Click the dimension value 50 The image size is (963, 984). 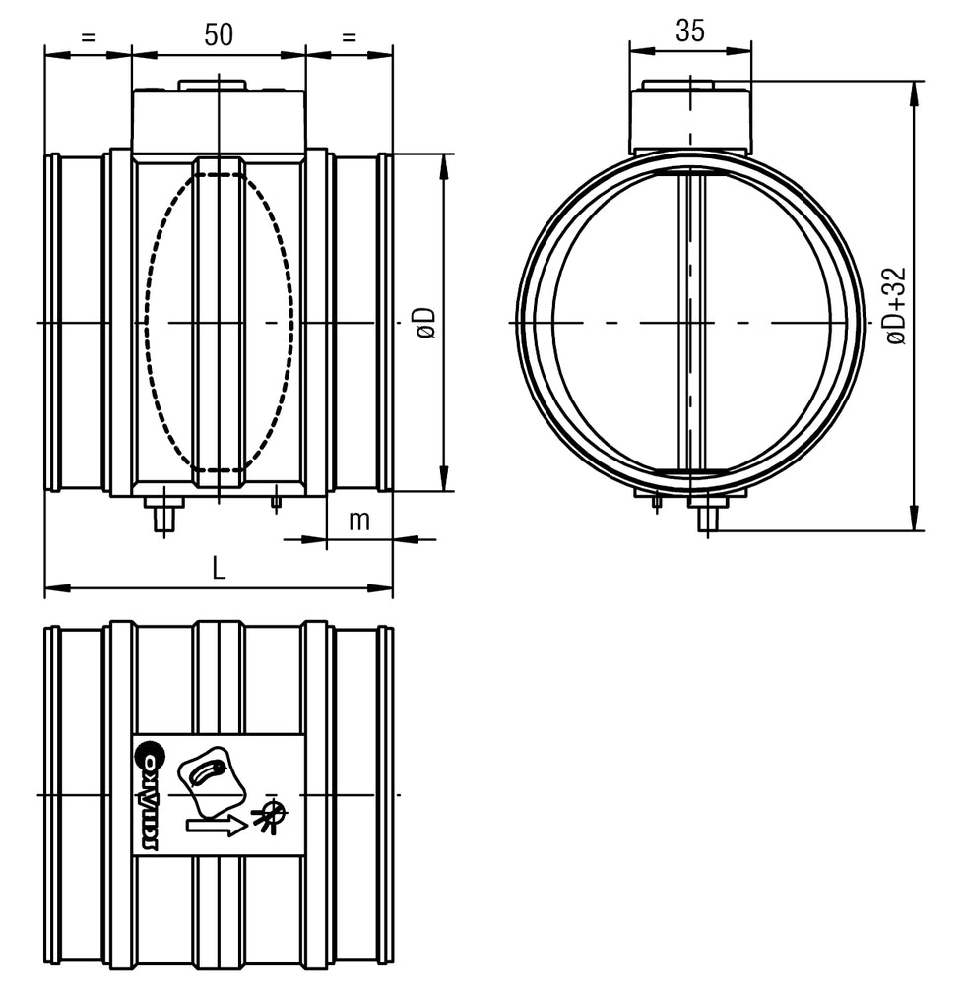tap(219, 34)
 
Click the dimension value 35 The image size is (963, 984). tap(690, 31)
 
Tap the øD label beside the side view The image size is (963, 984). tap(426, 322)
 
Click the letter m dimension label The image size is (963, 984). tap(359, 521)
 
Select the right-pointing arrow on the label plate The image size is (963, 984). tap(217, 825)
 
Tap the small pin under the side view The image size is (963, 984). tap(277, 503)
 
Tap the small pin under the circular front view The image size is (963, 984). tap(657, 501)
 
